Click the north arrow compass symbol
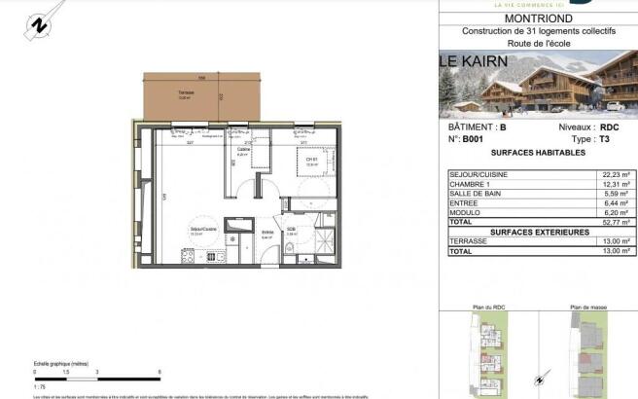point(38,23)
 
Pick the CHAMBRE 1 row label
point(472,185)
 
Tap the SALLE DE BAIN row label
point(477,195)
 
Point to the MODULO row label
point(465,213)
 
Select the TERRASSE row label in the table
point(470,241)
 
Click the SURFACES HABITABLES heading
point(538,154)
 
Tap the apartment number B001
point(473,140)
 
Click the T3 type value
point(604,140)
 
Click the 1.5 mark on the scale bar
point(67,372)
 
